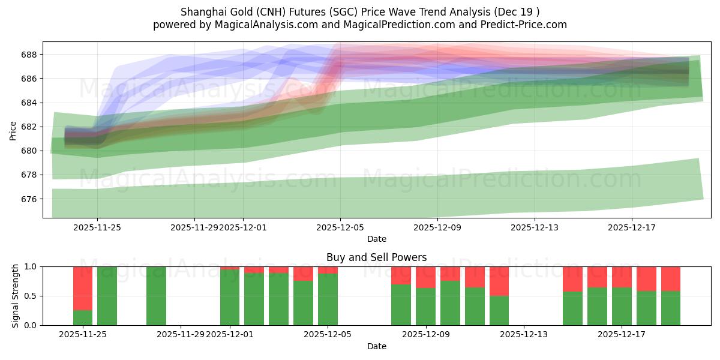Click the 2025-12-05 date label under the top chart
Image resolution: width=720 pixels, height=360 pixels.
[340, 227]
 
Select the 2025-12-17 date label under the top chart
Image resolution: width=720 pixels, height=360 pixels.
[632, 227]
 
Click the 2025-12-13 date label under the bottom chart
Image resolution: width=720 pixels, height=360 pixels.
[524, 335]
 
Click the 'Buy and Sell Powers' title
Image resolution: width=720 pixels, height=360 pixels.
[376, 257]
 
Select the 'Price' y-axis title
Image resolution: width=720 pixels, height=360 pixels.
[13, 130]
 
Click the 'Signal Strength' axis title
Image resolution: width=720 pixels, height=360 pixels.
[16, 296]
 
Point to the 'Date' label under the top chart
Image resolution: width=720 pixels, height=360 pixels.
[376, 239]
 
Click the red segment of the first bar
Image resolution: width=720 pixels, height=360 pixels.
[83, 288]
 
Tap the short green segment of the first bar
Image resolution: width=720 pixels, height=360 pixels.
[83, 317]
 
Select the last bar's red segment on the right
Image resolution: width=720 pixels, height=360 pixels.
[670, 278]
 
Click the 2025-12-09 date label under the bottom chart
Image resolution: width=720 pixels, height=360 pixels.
[426, 335]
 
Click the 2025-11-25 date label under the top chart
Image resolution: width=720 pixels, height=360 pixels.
[98, 227]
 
